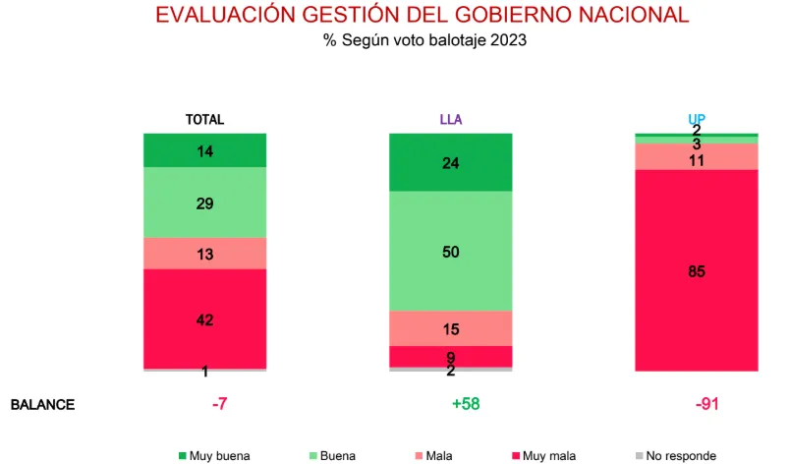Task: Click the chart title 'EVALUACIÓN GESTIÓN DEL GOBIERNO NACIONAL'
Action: [x=423, y=16]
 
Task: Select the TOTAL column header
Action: [x=204, y=120]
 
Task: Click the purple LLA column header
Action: [x=450, y=120]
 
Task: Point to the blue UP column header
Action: [x=696, y=120]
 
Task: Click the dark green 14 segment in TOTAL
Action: [x=204, y=151]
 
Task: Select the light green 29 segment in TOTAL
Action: [x=204, y=203]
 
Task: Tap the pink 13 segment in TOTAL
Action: [x=204, y=254]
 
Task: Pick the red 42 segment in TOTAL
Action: [x=204, y=319]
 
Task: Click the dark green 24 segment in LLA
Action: [x=450, y=163]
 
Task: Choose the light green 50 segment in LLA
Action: [x=450, y=252]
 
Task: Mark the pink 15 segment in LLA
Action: [x=450, y=328]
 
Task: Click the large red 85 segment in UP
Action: [x=696, y=271]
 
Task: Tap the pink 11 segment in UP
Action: [x=696, y=158]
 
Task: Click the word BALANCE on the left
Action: [x=42, y=405]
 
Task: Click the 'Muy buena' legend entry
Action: [x=214, y=456]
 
